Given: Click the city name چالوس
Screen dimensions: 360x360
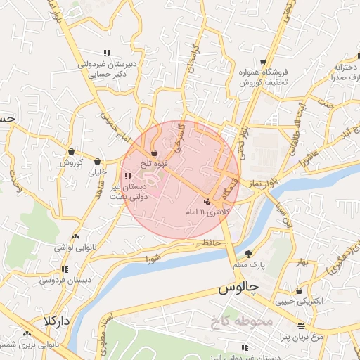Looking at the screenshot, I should coord(238,289).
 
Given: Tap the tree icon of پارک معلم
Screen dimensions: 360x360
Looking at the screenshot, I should coord(247,254).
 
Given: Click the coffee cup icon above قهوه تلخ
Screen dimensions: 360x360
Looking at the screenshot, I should coord(154,153).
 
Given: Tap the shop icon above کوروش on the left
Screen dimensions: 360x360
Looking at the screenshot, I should coord(72,152).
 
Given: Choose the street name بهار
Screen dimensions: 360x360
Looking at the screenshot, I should coord(302,262).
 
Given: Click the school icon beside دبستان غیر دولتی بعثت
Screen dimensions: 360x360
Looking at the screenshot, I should coord(127,176).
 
